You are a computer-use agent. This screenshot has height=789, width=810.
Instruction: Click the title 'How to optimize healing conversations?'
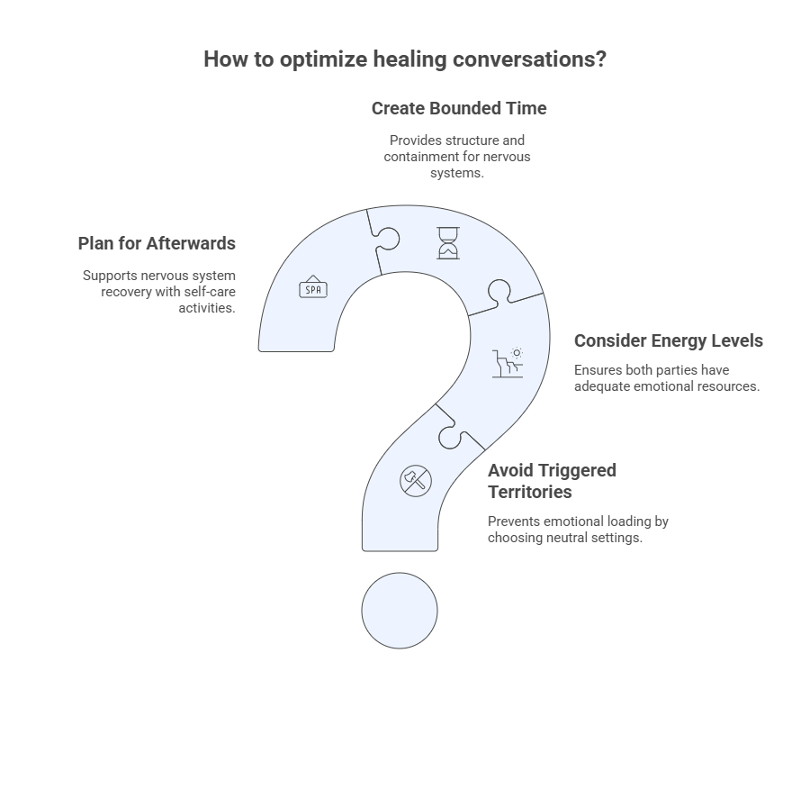pyautogui.click(x=405, y=59)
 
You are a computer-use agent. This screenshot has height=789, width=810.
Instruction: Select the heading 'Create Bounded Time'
pyautogui.click(x=459, y=109)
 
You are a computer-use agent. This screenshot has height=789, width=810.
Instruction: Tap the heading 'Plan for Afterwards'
pyautogui.click(x=157, y=243)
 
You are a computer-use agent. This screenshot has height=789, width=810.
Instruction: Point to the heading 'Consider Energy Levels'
pyautogui.click(x=669, y=340)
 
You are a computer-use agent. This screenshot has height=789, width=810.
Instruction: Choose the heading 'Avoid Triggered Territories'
pyautogui.click(x=552, y=481)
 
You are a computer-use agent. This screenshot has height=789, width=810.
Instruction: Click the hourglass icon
pyautogui.click(x=448, y=243)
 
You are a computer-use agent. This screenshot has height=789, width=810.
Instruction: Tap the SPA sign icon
pyautogui.click(x=313, y=287)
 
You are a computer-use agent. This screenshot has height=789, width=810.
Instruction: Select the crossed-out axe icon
pyautogui.click(x=415, y=481)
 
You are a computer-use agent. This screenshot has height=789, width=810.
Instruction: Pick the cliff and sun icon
pyautogui.click(x=508, y=362)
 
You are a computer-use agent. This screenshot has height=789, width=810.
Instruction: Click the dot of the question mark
pyautogui.click(x=400, y=611)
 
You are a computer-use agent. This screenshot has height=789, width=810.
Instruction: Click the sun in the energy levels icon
pyautogui.click(x=517, y=353)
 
